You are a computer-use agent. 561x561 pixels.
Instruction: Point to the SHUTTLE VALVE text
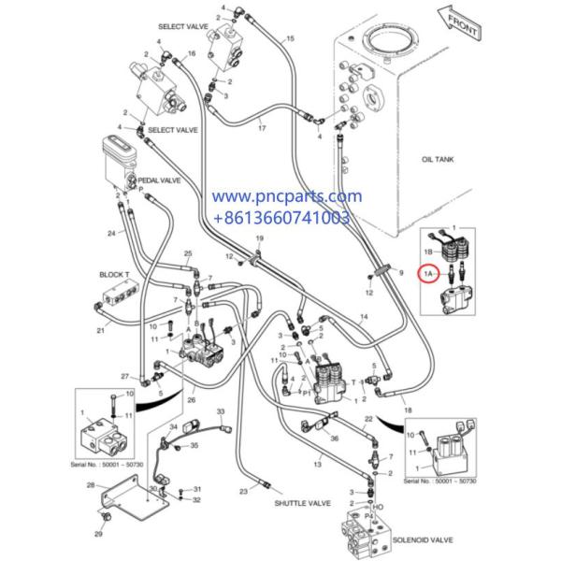click(306, 503)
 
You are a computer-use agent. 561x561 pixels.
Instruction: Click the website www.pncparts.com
click(285, 197)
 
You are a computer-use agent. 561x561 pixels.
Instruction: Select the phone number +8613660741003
click(282, 218)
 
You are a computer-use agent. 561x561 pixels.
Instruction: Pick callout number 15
click(289, 38)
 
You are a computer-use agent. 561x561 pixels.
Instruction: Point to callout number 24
click(111, 233)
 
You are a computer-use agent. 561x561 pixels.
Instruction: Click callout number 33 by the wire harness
click(221, 410)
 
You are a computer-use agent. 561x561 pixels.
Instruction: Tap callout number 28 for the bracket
click(91, 484)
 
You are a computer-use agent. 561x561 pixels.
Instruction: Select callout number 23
click(242, 491)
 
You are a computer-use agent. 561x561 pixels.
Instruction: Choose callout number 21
click(100, 330)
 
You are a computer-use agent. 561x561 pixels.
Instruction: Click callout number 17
click(262, 127)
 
